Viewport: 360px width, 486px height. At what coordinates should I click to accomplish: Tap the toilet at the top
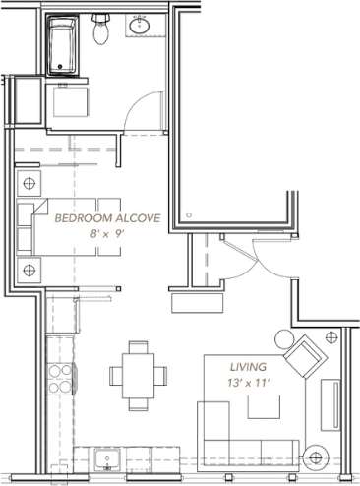(99, 30)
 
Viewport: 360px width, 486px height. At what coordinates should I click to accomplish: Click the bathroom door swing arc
(147, 110)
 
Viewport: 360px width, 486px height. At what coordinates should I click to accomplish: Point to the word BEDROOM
(83, 217)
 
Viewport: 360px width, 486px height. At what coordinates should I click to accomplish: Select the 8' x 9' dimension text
(107, 234)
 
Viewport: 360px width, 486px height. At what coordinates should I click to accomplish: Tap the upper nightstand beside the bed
(30, 183)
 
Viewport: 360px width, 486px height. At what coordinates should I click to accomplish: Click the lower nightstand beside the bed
(30, 269)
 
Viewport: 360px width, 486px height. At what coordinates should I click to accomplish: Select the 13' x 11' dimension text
(248, 381)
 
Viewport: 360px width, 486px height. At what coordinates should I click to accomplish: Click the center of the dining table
(138, 374)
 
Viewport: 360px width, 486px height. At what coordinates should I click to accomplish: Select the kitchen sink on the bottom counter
(104, 460)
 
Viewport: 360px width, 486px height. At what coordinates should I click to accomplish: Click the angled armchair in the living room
(308, 356)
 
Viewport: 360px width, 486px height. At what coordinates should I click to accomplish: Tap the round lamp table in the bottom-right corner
(317, 457)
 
